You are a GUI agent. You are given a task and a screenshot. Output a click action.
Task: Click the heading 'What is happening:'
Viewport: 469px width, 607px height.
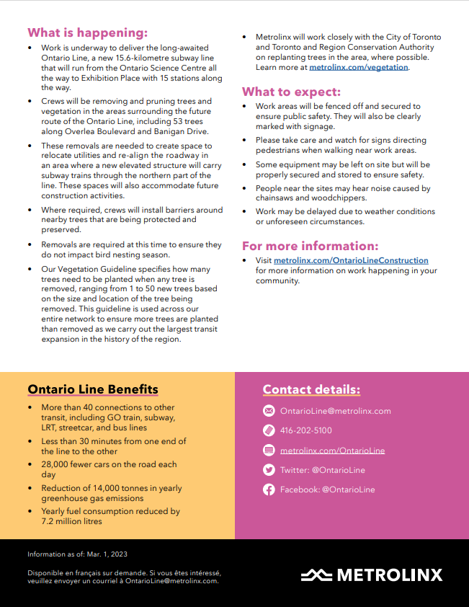pyautogui.click(x=87, y=32)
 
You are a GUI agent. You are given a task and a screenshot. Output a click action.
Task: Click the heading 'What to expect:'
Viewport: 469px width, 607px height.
pyautogui.click(x=291, y=92)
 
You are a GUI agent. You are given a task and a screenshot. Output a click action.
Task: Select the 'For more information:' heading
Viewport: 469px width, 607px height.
pyautogui.click(x=310, y=246)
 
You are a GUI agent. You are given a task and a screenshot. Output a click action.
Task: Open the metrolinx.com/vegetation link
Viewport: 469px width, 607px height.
pyautogui.click(x=359, y=67)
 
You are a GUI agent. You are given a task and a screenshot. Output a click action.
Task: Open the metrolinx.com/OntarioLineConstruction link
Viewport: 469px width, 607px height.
pyautogui.click(x=351, y=260)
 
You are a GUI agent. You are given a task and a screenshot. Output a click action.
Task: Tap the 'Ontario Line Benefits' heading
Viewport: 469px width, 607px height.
pyautogui.click(x=92, y=390)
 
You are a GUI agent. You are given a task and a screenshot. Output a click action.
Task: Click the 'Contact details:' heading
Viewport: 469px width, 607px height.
pyautogui.click(x=311, y=390)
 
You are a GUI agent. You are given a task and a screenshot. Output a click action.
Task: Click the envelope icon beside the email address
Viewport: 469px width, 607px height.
pyautogui.click(x=269, y=411)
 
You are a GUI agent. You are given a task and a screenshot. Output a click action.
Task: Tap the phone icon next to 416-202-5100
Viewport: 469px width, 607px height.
pyautogui.click(x=269, y=430)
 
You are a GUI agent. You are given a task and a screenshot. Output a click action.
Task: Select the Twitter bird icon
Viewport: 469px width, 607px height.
pyautogui.click(x=269, y=470)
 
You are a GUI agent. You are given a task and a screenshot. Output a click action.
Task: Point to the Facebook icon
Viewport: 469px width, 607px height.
pyautogui.click(x=269, y=489)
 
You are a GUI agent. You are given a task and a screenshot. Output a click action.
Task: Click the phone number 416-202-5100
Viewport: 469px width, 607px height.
pyautogui.click(x=306, y=430)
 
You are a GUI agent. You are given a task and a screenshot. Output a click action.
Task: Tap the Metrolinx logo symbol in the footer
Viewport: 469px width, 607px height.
pyautogui.click(x=316, y=575)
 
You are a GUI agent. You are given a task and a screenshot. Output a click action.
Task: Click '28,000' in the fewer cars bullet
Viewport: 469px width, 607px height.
pyautogui.click(x=55, y=464)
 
